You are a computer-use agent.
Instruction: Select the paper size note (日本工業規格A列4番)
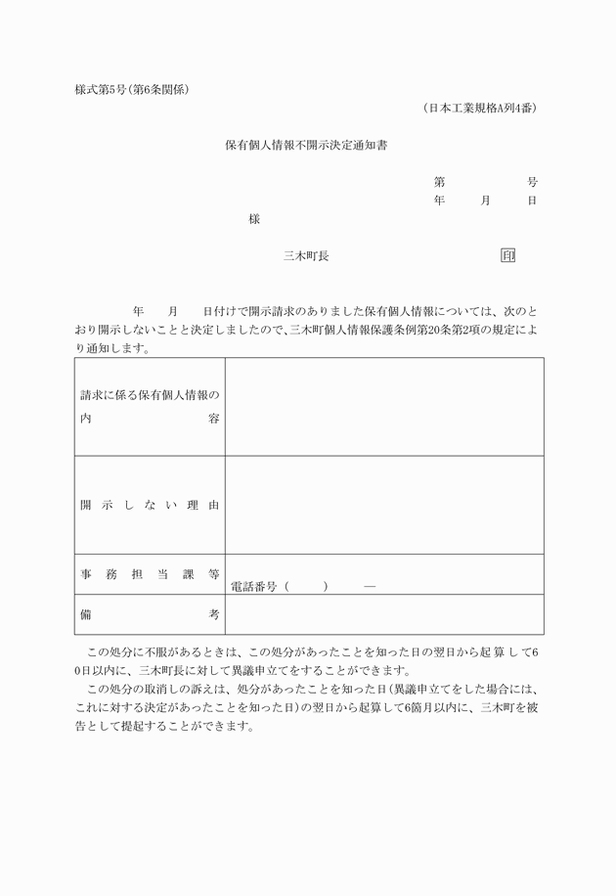(x=480, y=108)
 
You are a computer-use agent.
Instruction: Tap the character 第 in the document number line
(x=440, y=182)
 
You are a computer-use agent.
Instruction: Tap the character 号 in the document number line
(x=532, y=182)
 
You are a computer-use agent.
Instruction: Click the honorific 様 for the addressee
(x=254, y=219)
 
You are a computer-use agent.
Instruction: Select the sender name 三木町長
(x=306, y=255)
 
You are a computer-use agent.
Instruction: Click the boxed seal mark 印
(x=507, y=255)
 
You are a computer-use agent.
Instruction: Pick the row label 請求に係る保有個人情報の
(x=150, y=395)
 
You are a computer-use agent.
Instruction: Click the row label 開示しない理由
(x=150, y=505)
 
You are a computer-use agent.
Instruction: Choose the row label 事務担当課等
(x=150, y=574)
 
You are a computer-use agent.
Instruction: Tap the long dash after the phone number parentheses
(x=369, y=587)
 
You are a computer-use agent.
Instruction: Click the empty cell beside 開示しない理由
(x=384, y=505)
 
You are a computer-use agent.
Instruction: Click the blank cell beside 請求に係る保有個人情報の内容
(x=384, y=406)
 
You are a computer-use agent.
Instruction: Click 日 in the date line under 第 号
(x=532, y=200)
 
